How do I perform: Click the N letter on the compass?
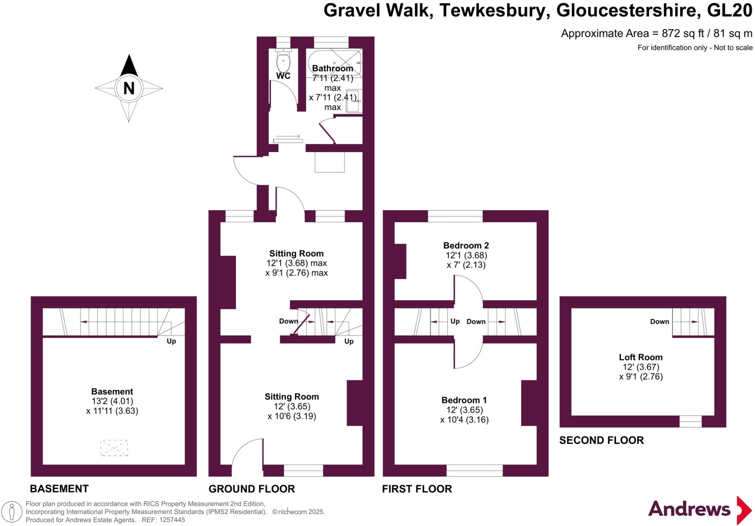(129, 88)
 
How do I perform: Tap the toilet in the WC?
(283, 60)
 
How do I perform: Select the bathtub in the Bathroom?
(334, 63)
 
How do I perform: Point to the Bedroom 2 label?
(466, 245)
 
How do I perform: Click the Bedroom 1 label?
(464, 400)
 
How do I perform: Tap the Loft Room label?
(641, 357)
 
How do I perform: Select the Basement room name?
(112, 391)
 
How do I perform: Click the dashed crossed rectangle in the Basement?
(114, 448)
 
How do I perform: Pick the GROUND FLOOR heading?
(252, 489)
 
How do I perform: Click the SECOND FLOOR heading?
(602, 440)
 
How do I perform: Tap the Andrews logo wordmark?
(689, 509)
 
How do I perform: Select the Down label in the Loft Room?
(660, 321)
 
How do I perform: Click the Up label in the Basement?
(171, 341)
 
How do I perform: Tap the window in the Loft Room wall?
(690, 421)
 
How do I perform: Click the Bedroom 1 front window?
(475, 470)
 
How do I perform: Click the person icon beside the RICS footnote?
(12, 512)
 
